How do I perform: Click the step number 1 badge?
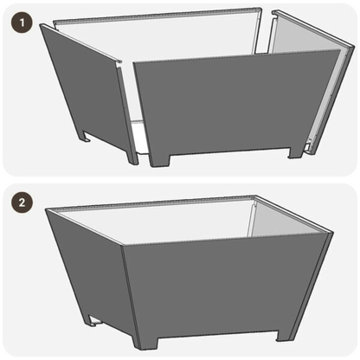tap(17, 17)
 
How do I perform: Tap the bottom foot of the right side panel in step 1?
tap(310, 147)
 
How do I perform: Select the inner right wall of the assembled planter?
tap(286, 221)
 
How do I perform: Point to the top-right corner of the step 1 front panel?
tap(337, 52)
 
